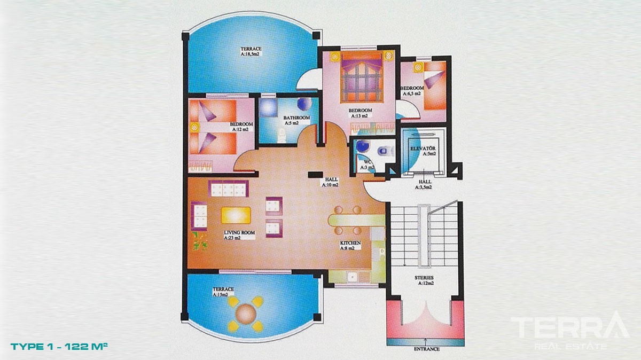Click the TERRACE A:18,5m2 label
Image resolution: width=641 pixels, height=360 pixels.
click(251, 51)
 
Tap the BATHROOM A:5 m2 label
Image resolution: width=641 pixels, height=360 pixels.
click(297, 120)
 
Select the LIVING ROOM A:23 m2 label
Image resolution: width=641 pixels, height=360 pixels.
click(239, 235)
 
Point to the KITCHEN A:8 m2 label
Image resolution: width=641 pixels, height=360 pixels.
click(350, 246)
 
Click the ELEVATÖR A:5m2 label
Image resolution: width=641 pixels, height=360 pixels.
click(423, 151)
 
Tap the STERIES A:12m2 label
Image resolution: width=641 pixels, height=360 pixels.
click(424, 280)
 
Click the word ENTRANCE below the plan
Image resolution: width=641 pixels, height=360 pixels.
click(427, 349)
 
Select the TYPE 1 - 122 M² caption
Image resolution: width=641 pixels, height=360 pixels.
click(59, 346)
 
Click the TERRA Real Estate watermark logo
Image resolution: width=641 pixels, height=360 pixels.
click(570, 331)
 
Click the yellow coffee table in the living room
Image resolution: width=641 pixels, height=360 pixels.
click(236, 215)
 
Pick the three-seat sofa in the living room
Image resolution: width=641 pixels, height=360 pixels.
click(229, 189)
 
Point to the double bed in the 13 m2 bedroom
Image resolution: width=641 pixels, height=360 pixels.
click(362, 77)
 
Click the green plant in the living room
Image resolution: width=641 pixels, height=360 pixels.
click(200, 241)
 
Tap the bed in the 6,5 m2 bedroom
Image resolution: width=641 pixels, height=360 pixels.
click(435, 85)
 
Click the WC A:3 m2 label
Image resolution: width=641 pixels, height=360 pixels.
click(367, 165)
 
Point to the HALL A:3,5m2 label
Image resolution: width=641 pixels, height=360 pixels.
click(424, 185)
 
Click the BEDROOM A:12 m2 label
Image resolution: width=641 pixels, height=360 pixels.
click(241, 127)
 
